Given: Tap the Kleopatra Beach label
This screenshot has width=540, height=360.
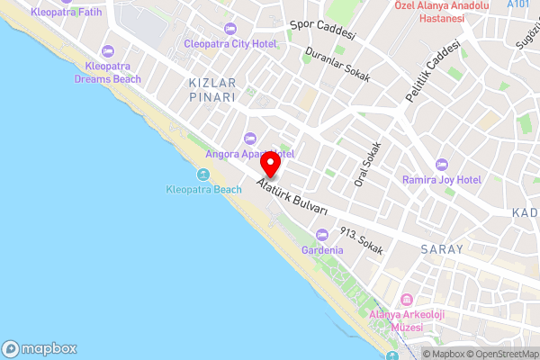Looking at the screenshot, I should click(204, 189).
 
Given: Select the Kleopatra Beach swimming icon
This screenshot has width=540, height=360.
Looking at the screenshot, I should click(204, 174).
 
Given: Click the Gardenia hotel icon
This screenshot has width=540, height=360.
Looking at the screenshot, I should click(322, 234).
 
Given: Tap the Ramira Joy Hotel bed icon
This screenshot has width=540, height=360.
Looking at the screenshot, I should click(442, 165).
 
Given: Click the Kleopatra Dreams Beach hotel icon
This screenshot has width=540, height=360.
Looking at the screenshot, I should click(108, 50).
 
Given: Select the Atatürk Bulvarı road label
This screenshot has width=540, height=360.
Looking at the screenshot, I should click(291, 198).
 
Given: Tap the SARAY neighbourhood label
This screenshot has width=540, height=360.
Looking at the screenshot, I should click(441, 248).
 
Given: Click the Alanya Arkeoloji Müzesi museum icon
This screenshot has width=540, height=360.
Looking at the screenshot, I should click(406, 299).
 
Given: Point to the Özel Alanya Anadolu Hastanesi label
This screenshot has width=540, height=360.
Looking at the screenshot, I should click(441, 12).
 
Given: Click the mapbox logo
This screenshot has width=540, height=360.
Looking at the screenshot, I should click(40, 348).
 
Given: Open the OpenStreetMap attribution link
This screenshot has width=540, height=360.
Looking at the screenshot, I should click(500, 353).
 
